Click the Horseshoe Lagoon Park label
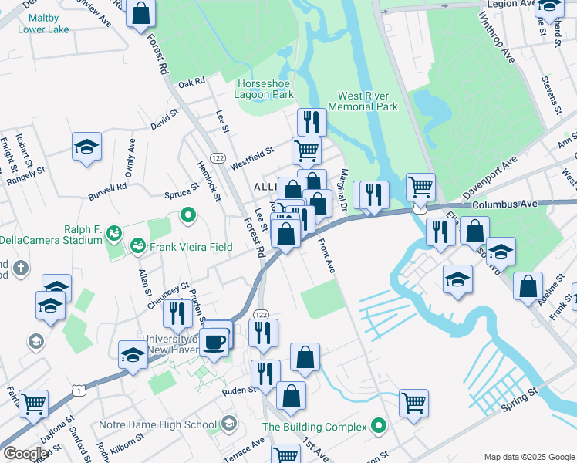(x=266, y=89)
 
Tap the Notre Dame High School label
(x=158, y=424)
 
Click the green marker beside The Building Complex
(x=378, y=425)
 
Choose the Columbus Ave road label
(x=504, y=205)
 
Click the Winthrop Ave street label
(x=496, y=38)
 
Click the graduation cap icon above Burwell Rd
(x=87, y=147)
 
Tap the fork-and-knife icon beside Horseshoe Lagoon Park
(x=312, y=122)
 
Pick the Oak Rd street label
(x=191, y=82)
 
